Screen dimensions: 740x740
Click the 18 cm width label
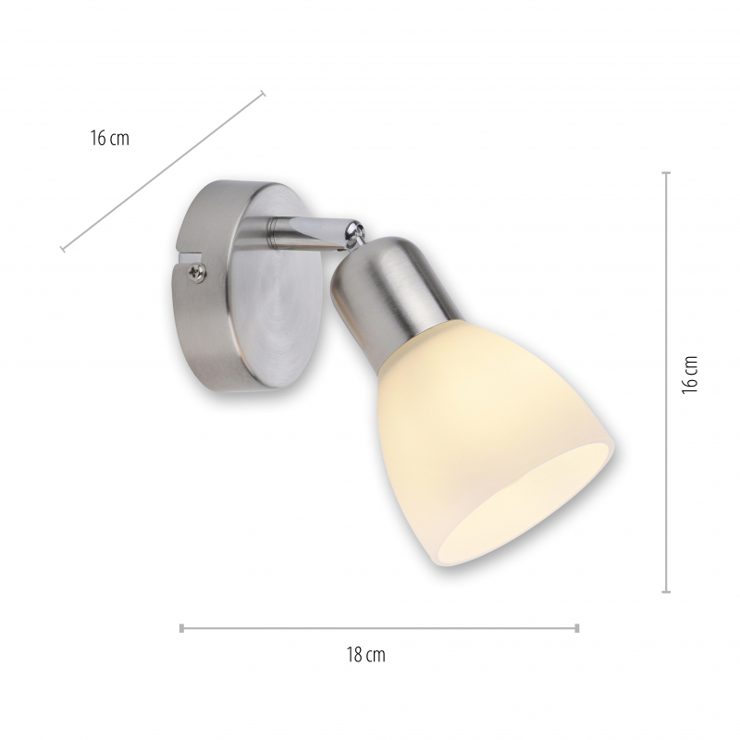[x=365, y=655]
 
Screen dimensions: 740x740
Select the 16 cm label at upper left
[x=109, y=138]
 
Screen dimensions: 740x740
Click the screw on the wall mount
[x=197, y=273]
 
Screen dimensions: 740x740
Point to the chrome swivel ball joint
[x=355, y=235]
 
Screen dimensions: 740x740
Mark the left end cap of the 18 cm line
[x=181, y=628]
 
